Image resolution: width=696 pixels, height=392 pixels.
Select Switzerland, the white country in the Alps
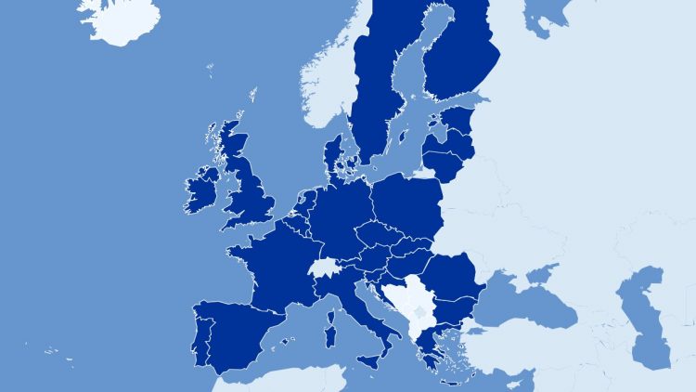tap(323, 268)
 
